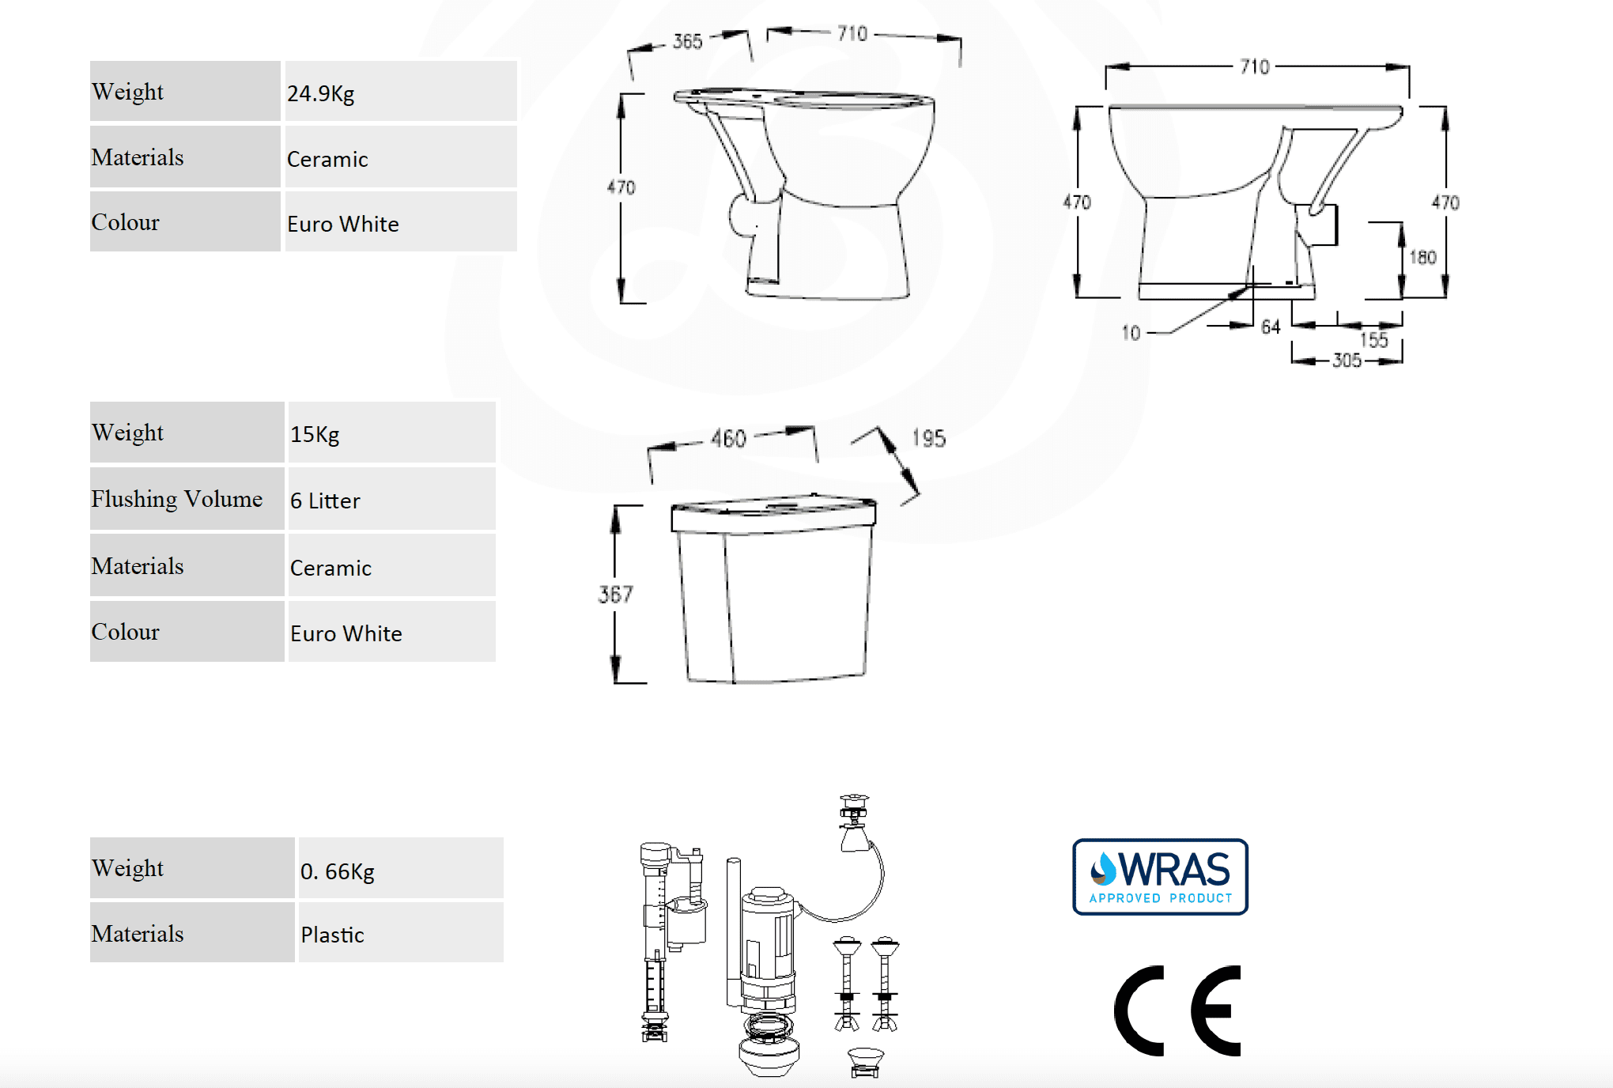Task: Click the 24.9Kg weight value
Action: tap(321, 93)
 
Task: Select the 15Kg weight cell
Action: tap(315, 434)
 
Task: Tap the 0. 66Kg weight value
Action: tap(337, 871)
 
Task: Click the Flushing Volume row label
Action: tap(176, 499)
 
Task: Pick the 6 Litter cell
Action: tap(325, 501)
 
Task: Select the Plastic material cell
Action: tap(332, 935)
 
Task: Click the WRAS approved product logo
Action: tap(1160, 877)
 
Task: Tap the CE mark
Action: tap(1177, 1011)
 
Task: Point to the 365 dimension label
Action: tap(687, 41)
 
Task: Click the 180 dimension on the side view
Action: tap(1422, 257)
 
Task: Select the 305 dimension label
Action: tap(1347, 361)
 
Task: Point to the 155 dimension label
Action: tap(1374, 340)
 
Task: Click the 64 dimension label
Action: tap(1271, 327)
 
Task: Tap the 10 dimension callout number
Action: tap(1131, 333)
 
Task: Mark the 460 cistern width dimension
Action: tap(728, 438)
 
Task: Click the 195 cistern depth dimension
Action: tap(928, 438)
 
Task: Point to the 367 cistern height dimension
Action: tap(615, 594)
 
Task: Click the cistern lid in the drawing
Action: tap(773, 516)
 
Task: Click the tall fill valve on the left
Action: tap(655, 941)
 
